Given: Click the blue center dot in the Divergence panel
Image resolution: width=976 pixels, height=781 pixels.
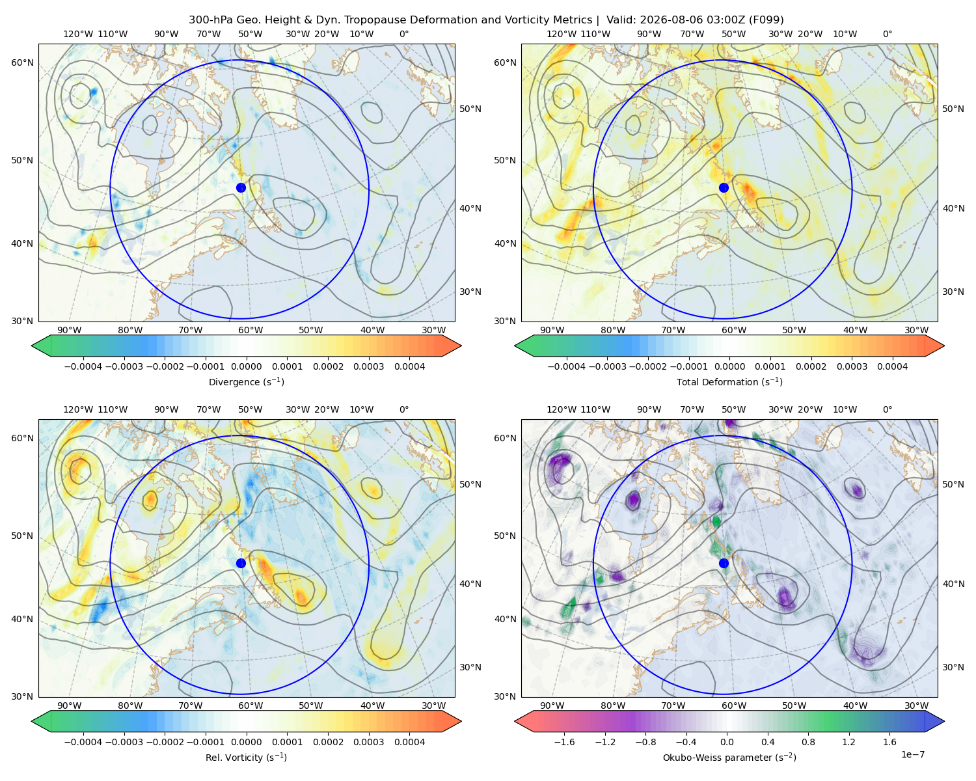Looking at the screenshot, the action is pos(241,187).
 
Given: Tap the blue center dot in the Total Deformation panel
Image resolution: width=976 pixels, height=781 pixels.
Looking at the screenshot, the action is pos(724,187).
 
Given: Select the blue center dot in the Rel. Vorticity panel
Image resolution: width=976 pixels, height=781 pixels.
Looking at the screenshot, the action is pos(241,563).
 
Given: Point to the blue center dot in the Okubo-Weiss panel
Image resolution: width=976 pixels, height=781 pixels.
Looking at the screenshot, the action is pos(724,563).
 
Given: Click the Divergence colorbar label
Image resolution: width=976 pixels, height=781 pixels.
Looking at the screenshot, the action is pos(246,381).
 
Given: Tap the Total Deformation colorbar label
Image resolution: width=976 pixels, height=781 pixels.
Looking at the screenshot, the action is pos(729,381).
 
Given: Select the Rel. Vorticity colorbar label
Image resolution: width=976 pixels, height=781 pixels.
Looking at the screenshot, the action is pos(246,758).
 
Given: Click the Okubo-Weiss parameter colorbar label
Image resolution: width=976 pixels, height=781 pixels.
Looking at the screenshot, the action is pos(729,758).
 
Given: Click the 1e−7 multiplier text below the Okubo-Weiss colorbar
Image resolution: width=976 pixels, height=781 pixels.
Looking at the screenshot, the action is pos(912,754).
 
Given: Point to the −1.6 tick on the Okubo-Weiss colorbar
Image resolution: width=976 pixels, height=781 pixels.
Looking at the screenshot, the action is pos(564,742).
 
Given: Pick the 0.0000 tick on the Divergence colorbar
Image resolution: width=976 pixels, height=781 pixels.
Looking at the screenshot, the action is pos(246,366).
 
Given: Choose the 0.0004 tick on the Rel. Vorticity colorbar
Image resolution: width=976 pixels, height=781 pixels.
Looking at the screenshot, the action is pos(409,742).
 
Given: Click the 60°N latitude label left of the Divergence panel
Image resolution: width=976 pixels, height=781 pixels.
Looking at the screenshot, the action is pos(22,62).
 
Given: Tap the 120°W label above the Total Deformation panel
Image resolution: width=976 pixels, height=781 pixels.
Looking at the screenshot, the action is pos(562,34).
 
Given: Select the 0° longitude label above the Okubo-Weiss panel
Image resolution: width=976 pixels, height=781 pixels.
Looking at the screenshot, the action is pos(888,409).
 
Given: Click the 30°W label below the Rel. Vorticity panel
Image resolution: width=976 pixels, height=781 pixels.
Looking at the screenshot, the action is pos(434,706).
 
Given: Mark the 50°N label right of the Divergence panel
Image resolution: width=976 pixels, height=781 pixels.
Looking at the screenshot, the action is pos(470,109).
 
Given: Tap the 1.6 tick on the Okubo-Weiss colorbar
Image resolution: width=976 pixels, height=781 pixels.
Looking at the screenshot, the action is pos(890,742).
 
